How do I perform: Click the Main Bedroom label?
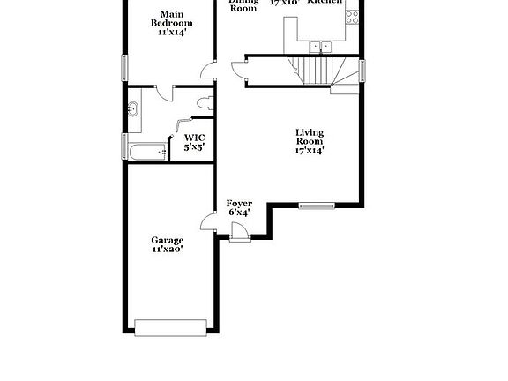[x=171, y=19]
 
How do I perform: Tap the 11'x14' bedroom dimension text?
[x=171, y=32]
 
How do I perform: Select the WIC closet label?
[x=194, y=138]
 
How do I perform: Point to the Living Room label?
[x=309, y=137]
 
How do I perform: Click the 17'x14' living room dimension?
[x=309, y=150]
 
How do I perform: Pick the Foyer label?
[x=239, y=204]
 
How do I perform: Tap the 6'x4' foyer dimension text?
[x=239, y=213]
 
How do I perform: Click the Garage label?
[x=167, y=240]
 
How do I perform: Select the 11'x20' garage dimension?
[x=167, y=250]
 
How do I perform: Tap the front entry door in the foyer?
[x=236, y=232]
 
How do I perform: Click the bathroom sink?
[x=133, y=108]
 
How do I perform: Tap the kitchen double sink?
[x=320, y=46]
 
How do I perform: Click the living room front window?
[x=317, y=206]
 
